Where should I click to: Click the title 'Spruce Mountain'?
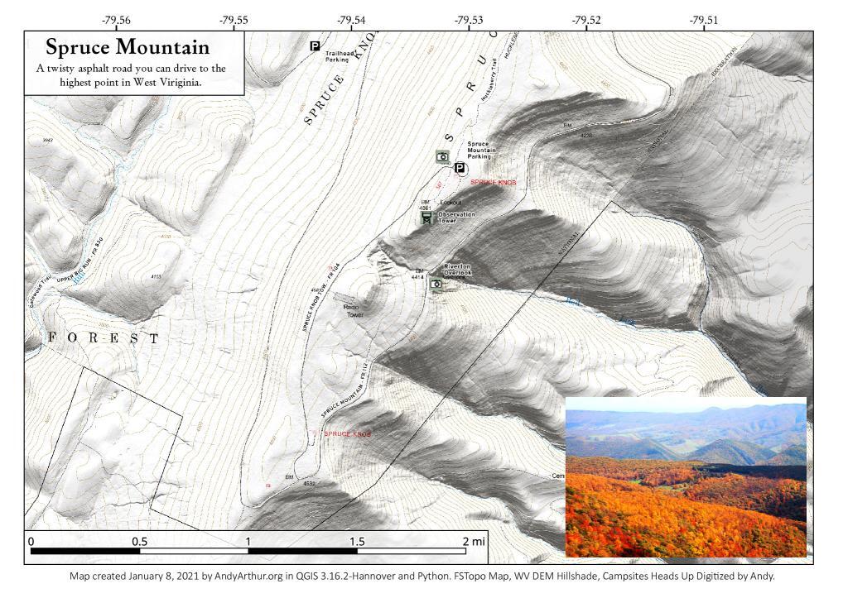(x=128, y=47)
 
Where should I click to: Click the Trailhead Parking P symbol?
(x=315, y=46)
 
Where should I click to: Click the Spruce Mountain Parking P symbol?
(x=460, y=168)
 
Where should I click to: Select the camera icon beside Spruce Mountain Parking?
(x=442, y=156)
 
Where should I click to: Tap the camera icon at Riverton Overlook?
(x=436, y=285)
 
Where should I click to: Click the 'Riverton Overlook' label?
(x=457, y=269)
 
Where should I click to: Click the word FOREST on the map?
(x=104, y=339)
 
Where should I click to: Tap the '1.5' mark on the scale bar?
(x=356, y=542)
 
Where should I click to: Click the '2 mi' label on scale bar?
(x=474, y=542)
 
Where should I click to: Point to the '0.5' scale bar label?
(x=139, y=542)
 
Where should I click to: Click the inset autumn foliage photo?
(x=685, y=476)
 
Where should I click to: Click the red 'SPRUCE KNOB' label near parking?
(x=494, y=182)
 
